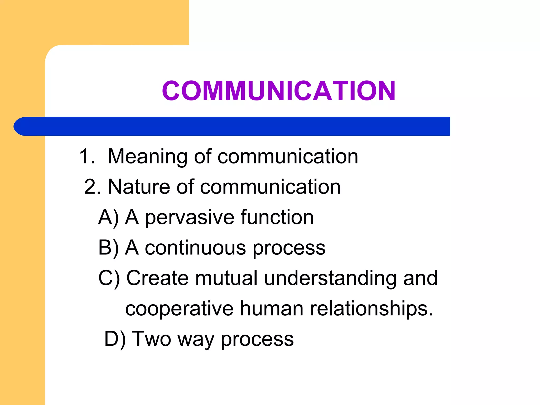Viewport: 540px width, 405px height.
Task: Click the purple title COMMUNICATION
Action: click(x=279, y=91)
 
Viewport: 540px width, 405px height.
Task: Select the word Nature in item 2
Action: click(x=139, y=187)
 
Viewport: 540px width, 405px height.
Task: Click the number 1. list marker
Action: click(x=87, y=156)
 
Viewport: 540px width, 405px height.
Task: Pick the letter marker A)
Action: click(x=108, y=218)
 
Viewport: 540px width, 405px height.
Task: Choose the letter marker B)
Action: click(x=108, y=248)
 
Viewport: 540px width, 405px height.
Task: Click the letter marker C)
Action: click(x=109, y=278)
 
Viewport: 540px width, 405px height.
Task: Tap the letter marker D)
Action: click(x=115, y=339)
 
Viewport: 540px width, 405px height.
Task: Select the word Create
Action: click(x=157, y=278)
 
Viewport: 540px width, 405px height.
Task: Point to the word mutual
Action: click(x=226, y=278)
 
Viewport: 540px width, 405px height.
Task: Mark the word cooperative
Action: click(x=179, y=309)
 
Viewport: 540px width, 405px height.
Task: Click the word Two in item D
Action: click(x=151, y=339)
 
